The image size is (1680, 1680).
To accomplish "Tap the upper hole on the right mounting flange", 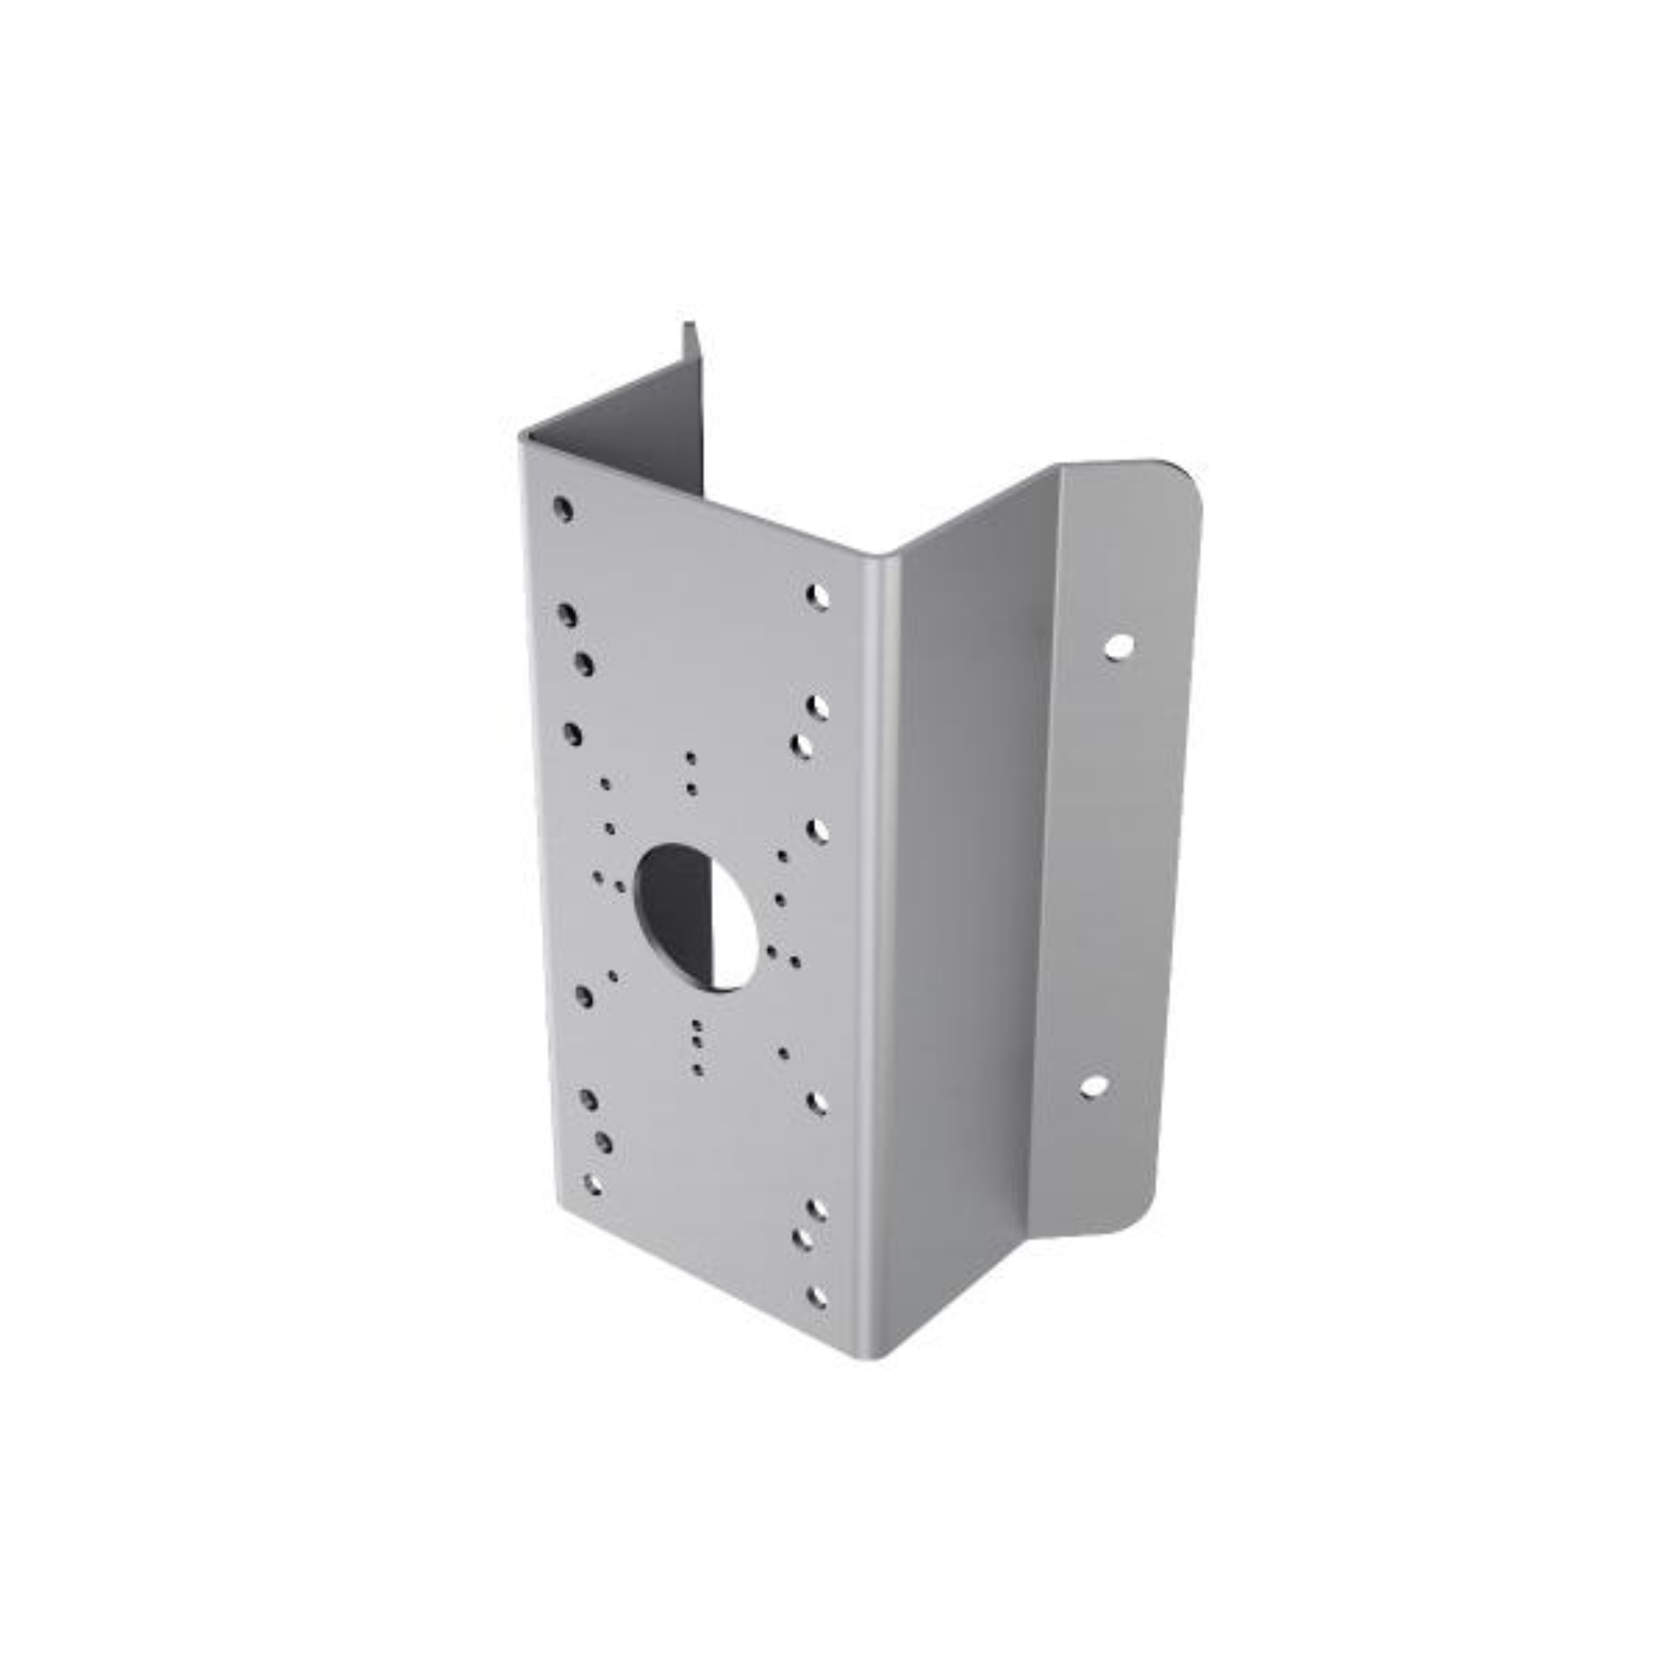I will pos(1118,647).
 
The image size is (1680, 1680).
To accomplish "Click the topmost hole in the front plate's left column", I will pos(563,508).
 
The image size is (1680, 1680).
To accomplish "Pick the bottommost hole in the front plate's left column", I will pos(592,1185).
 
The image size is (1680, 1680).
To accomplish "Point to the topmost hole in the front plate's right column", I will pos(817,597).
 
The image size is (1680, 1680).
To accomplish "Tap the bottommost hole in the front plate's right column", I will pos(815,1297).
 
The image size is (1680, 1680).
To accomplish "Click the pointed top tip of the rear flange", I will pos(689,325).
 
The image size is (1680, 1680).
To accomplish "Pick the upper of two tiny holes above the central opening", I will pos(690,758).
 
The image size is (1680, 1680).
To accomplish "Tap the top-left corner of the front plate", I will pos(523,437).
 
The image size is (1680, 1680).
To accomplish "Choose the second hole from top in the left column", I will pos(567,614).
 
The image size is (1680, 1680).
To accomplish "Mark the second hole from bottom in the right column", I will pos(801,1238).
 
